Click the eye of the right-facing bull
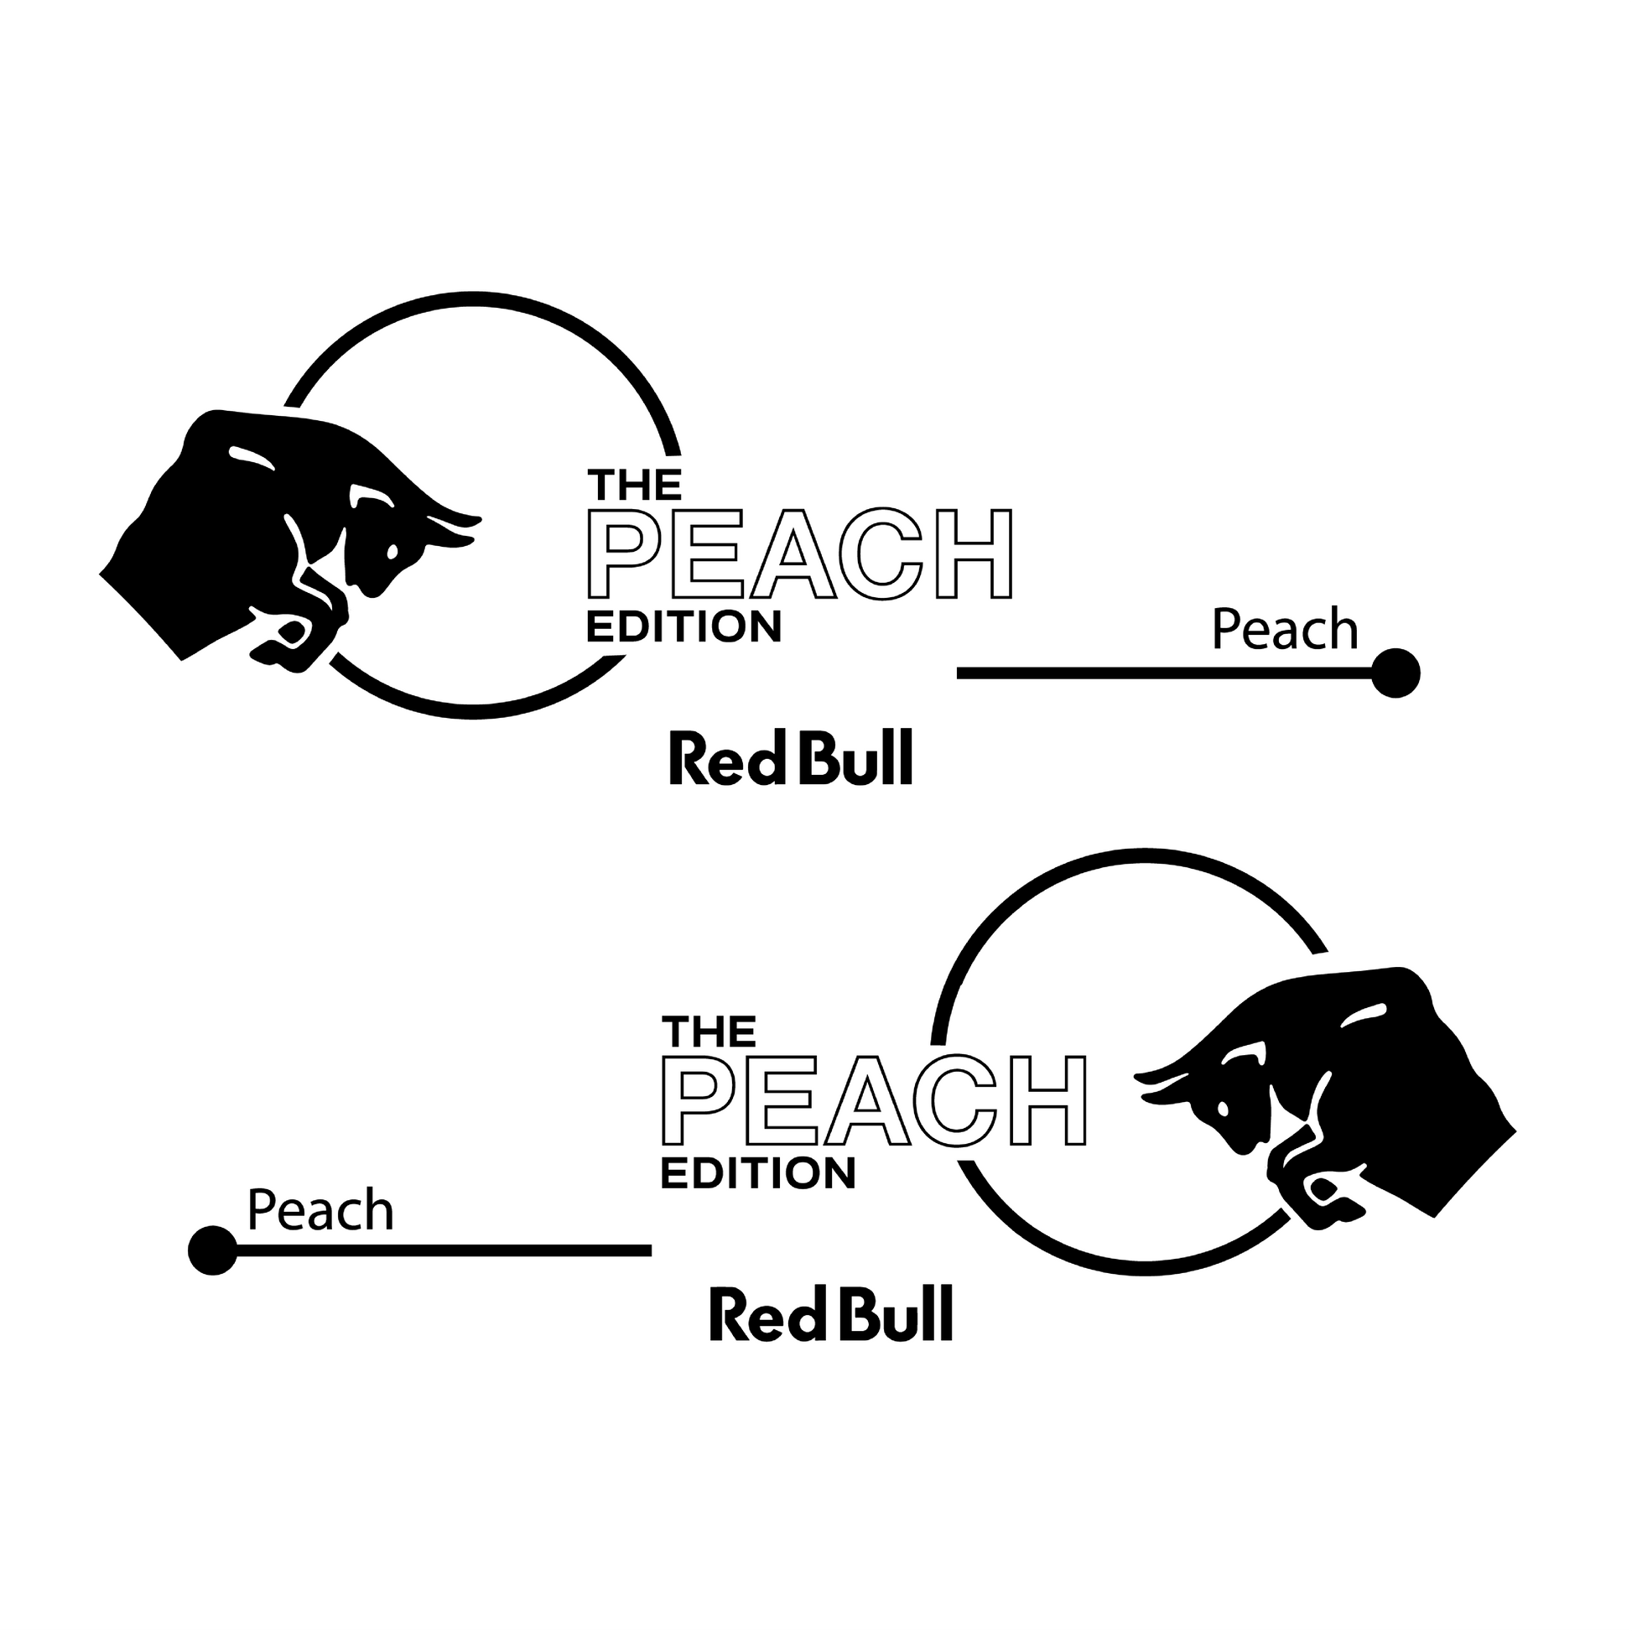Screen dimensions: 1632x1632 392,552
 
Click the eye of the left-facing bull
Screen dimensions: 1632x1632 1222,1107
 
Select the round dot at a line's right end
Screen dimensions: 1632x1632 1396,673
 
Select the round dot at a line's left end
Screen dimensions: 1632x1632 213,1250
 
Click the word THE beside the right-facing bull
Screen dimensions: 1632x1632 634,486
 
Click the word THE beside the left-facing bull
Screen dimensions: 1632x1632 709,1032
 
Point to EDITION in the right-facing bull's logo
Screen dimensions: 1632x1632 684,626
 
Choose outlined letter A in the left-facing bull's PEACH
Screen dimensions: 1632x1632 867,1100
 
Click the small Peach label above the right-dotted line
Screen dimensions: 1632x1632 1284,630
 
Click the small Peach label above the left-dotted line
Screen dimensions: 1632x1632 320,1210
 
